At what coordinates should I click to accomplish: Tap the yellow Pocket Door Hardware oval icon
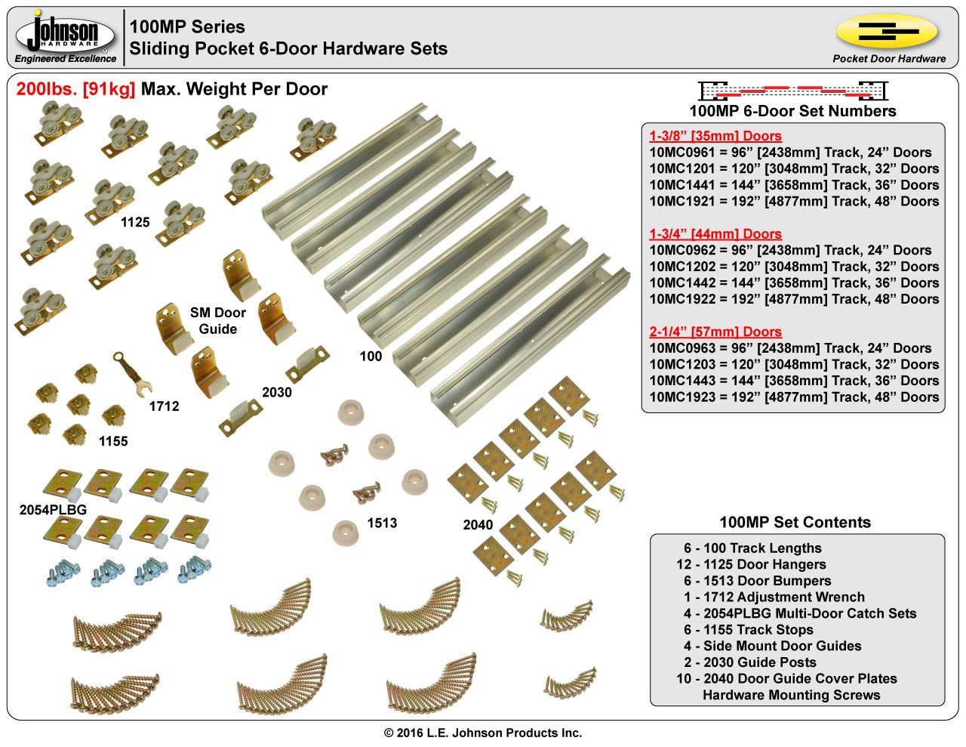coord(886,32)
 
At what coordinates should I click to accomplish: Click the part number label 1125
coord(135,223)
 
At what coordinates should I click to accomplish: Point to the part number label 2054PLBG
coord(53,510)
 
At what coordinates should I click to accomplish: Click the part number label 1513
coord(382,523)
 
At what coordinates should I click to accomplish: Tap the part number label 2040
coord(478,525)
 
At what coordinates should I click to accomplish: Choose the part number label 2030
coord(276,392)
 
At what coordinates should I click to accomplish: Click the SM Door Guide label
coord(218,321)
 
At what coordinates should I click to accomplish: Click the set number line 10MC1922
coord(794,299)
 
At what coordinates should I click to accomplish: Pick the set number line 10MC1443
coord(794,381)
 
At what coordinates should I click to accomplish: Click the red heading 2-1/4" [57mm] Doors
coord(715,332)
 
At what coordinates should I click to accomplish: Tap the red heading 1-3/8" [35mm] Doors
coord(715,136)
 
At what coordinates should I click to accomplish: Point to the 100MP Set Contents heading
coord(795,523)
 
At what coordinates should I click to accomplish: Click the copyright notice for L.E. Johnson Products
coord(483,733)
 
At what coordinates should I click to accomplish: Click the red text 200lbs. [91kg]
coord(75,89)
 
